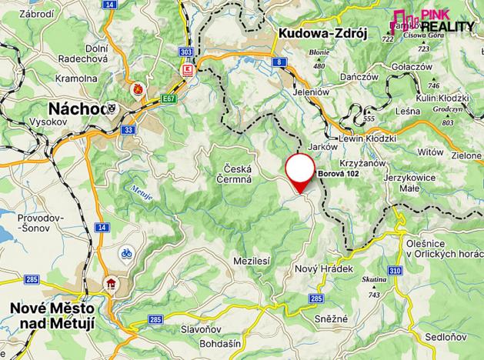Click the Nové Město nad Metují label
point(52,316)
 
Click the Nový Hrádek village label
point(324,269)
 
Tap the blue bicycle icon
point(125,252)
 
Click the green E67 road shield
point(169,99)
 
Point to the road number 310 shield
point(395,271)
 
